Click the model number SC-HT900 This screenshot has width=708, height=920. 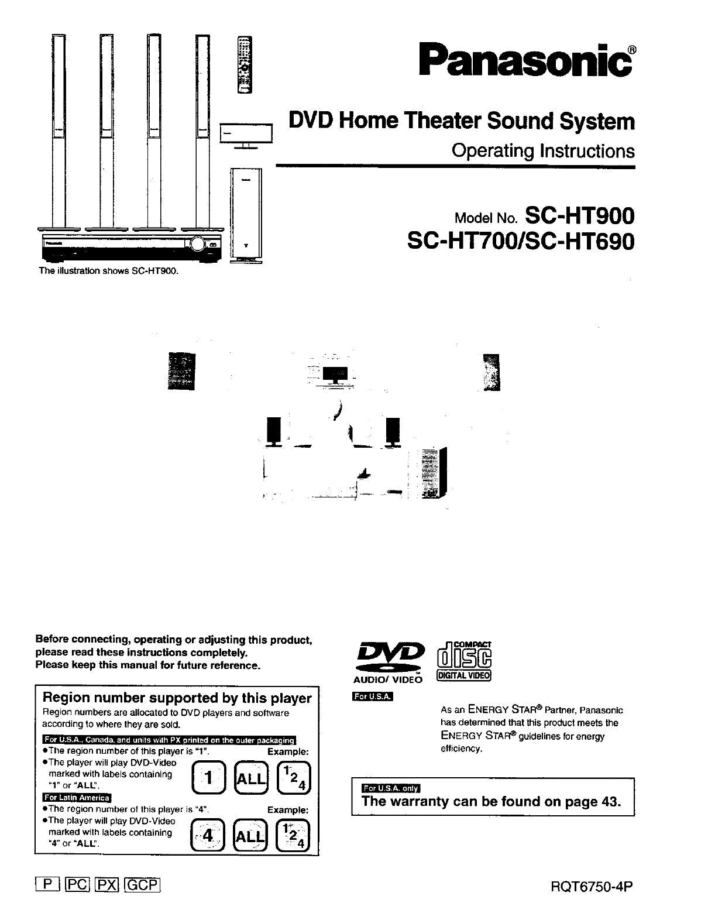[x=580, y=216]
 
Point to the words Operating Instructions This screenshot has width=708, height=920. [x=542, y=151]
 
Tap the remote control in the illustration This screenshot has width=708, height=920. [x=244, y=64]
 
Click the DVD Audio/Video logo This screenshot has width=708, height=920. [x=388, y=658]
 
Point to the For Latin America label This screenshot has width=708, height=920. [x=76, y=798]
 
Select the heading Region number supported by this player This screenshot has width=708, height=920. [x=177, y=698]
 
